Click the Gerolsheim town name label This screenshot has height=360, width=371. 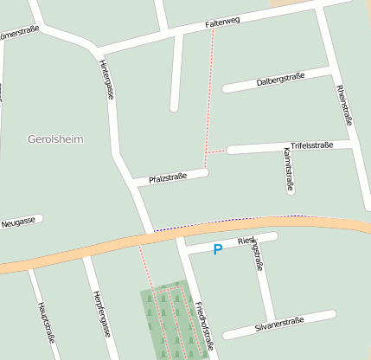coord(56,138)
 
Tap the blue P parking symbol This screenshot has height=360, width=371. coord(218,249)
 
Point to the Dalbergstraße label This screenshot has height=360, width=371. coord(281,81)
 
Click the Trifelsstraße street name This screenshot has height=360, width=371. coord(311,145)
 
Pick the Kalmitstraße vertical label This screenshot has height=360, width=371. coord(289,170)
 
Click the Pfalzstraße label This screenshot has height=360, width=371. coord(168,179)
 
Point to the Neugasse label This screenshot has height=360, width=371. coord(18,222)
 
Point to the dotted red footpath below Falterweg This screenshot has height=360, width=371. coord(210,95)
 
